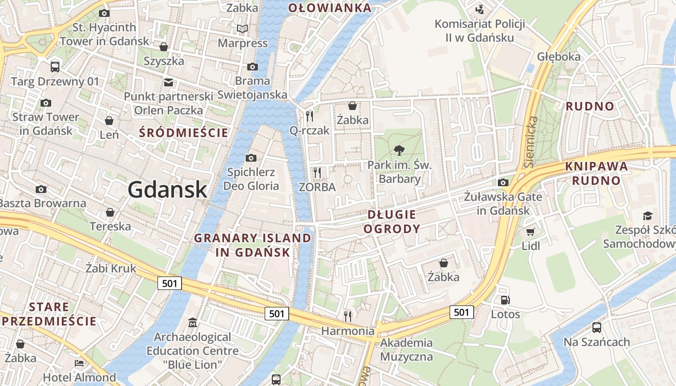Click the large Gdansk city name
pos(168,190)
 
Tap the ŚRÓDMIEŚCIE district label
pos(183,133)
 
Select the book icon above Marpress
pos(242,29)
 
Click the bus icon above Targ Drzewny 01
pos(55,67)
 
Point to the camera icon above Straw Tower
pos(46,103)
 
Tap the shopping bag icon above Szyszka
pos(164,47)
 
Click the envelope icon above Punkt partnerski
pos(169,83)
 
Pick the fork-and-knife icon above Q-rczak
pos(310,116)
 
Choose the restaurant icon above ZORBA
pos(317,172)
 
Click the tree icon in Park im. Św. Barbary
pos(399,151)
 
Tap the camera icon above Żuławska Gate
pos(503,182)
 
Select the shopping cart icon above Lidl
pos(531,232)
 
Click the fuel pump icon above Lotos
pos(506,300)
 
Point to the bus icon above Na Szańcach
pos(597,328)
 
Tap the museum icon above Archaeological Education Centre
pos(193,322)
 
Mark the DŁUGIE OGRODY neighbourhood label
pos(392,221)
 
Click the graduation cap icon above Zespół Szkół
pos(648,216)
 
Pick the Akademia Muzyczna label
pos(407,350)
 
